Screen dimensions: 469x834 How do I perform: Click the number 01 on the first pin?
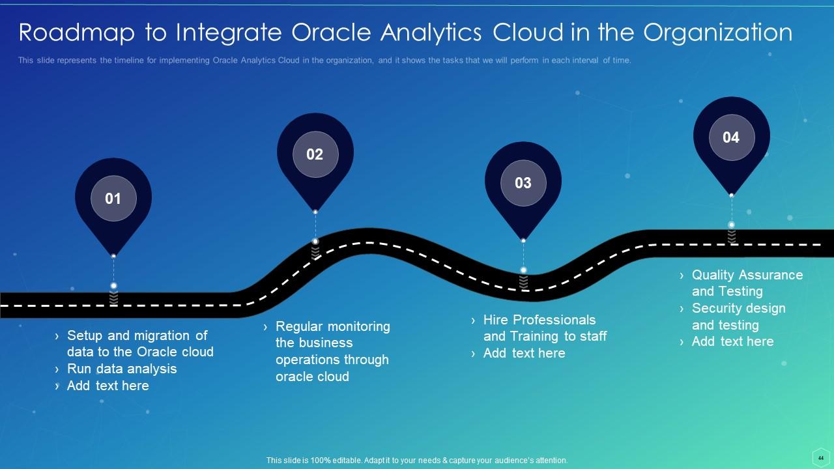[x=113, y=199]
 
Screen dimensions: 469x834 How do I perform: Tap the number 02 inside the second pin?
[x=315, y=154]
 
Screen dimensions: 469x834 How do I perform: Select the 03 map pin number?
[x=523, y=183]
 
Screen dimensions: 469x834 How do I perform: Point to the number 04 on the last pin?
[x=731, y=137]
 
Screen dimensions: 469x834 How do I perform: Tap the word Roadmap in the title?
[x=77, y=33]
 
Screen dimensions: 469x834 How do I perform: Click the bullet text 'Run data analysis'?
[x=122, y=369]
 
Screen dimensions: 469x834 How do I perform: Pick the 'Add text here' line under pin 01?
[x=108, y=386]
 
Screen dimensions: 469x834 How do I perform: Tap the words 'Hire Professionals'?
[x=539, y=320]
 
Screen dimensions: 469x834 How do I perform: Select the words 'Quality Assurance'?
[x=747, y=275]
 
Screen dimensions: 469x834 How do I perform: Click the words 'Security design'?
[x=738, y=308]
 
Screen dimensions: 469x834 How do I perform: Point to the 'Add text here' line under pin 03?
[x=525, y=353]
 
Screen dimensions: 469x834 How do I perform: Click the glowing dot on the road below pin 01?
[x=113, y=286]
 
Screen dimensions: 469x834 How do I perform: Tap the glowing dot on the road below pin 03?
[x=523, y=270]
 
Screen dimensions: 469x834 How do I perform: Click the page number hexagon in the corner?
[x=821, y=458]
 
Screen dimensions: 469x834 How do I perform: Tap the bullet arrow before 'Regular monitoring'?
[x=265, y=327]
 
